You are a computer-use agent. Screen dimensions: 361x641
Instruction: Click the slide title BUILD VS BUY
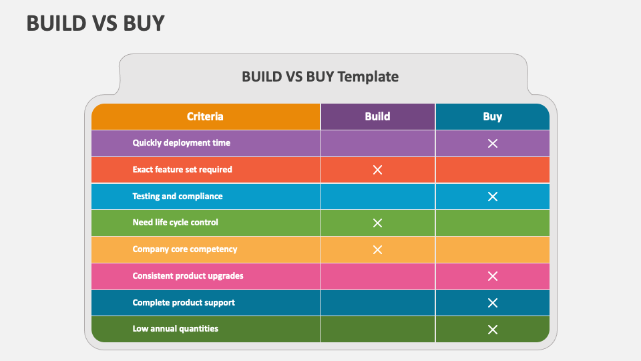pos(95,23)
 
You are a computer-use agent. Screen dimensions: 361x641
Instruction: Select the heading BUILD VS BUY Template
pos(320,76)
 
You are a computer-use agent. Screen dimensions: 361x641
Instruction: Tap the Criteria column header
pos(205,116)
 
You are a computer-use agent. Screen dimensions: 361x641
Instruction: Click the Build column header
pos(377,116)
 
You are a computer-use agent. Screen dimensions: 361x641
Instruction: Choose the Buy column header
pos(492,116)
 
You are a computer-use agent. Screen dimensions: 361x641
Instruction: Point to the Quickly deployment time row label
pos(181,142)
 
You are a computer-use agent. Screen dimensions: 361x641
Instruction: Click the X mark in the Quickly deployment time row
pos(492,143)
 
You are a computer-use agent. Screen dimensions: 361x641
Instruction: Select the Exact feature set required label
pos(182,169)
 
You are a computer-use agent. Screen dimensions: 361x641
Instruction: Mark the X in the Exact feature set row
pos(377,170)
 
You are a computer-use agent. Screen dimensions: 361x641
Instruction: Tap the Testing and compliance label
pos(177,196)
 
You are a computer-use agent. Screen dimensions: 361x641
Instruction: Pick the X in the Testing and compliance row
pos(492,197)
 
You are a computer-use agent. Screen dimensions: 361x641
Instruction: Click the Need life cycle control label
pos(175,222)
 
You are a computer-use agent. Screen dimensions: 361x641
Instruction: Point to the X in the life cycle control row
pos(377,223)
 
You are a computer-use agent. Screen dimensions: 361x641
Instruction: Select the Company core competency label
pos(185,249)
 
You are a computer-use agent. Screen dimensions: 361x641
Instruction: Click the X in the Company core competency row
pos(377,249)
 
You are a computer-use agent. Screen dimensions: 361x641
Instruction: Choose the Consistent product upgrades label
pos(188,275)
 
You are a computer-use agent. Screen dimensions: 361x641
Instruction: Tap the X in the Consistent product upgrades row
pos(492,276)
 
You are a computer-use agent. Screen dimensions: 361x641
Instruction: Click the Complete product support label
pos(184,302)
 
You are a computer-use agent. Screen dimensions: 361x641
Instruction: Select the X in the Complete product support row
pos(492,303)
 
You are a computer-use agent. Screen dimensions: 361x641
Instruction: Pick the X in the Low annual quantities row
pos(492,329)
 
